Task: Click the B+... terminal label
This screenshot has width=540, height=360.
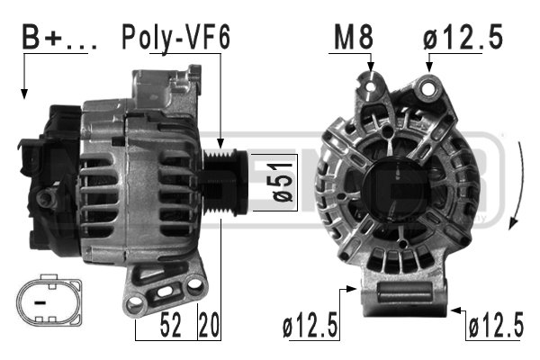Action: click(52, 39)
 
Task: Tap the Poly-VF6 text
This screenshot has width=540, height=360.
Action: click(175, 38)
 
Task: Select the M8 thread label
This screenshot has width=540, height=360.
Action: click(354, 38)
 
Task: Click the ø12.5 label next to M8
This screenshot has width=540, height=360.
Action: click(462, 38)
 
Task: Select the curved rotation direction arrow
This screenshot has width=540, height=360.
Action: click(516, 189)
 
